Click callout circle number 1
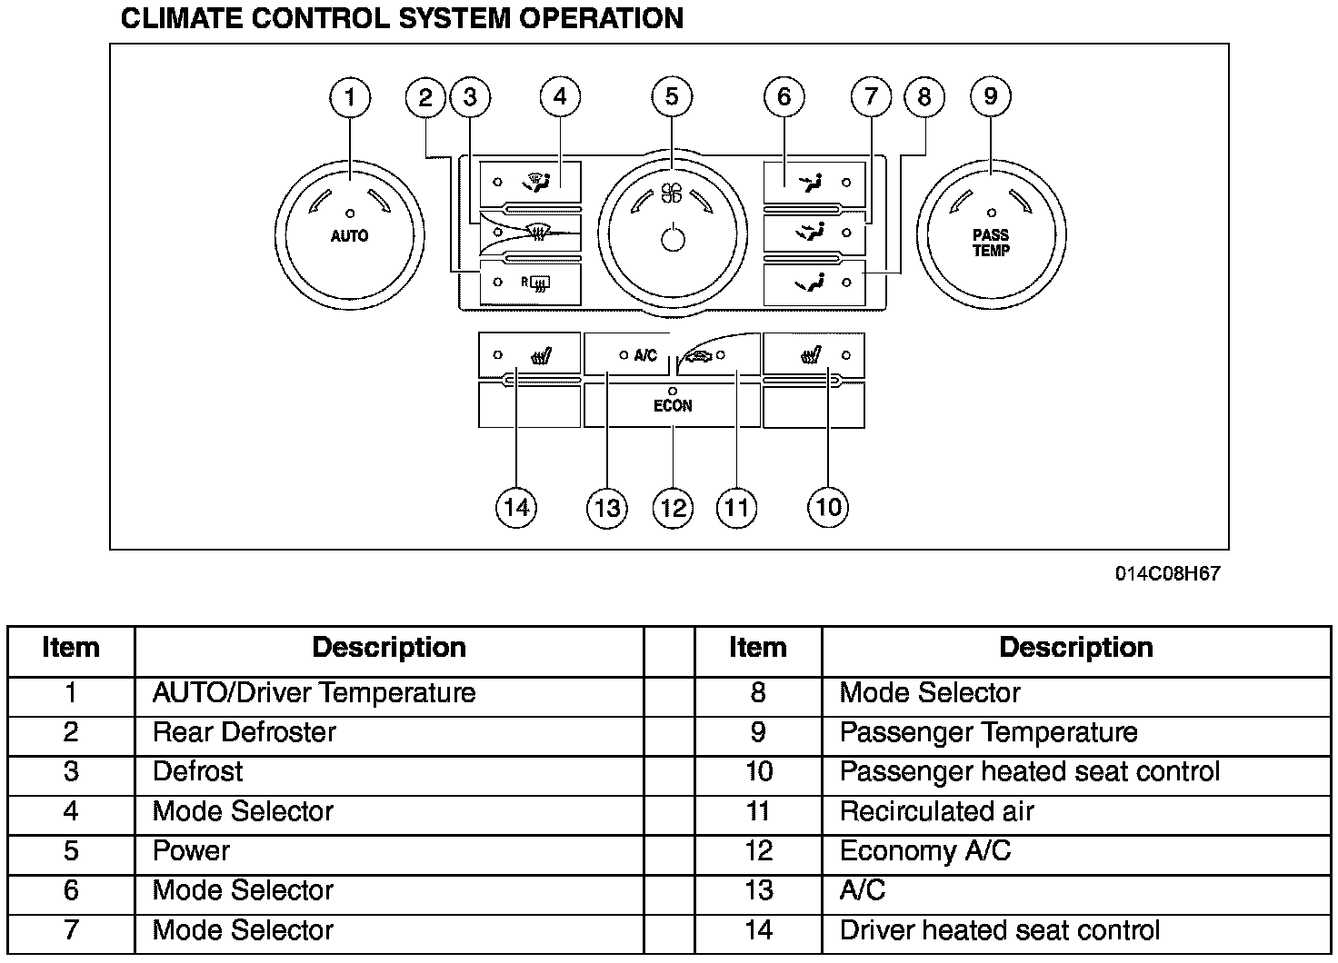(350, 97)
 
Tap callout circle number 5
(672, 97)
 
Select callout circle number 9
(991, 97)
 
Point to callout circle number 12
(673, 507)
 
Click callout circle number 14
(515, 507)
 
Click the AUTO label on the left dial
(350, 236)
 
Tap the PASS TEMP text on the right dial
(991, 243)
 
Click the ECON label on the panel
(673, 406)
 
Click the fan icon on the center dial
(672, 193)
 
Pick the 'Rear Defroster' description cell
(245, 732)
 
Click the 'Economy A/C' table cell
(925, 851)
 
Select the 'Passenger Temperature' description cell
(988, 732)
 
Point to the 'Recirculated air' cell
(936, 811)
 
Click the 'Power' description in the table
(191, 851)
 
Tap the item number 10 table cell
(758, 772)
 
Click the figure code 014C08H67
(1169, 574)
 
